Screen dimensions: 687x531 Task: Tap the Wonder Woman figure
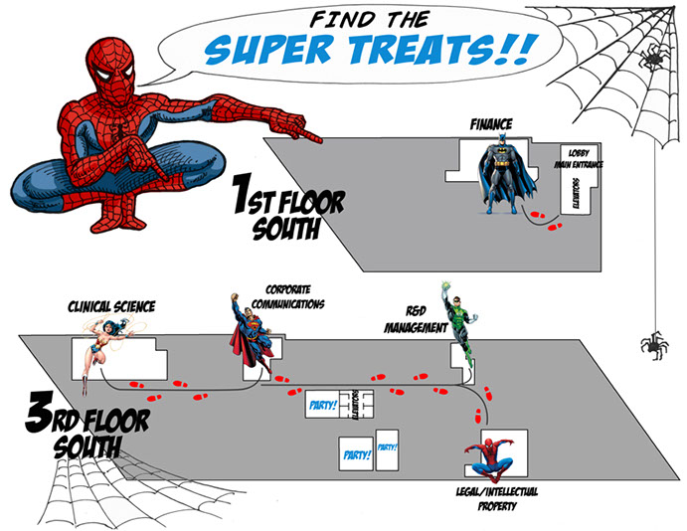[105, 346]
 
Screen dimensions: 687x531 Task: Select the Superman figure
[251, 333]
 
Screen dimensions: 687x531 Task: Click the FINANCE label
[491, 124]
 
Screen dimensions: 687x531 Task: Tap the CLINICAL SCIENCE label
[111, 306]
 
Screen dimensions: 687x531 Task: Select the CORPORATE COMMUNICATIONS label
[288, 296]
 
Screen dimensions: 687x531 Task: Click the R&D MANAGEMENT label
[416, 319]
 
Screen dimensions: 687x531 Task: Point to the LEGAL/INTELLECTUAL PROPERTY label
[497, 498]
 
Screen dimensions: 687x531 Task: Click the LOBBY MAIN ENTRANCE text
[579, 158]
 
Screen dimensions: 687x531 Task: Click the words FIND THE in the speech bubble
[370, 19]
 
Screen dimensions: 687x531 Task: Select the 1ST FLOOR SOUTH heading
[289, 207]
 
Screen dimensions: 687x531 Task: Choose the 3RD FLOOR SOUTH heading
[87, 425]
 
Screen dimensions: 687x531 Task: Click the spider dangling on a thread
[654, 345]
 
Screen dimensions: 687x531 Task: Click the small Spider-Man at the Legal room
[490, 458]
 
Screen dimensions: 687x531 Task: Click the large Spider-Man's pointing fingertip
[321, 140]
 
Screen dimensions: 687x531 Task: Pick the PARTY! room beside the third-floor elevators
[323, 404]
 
